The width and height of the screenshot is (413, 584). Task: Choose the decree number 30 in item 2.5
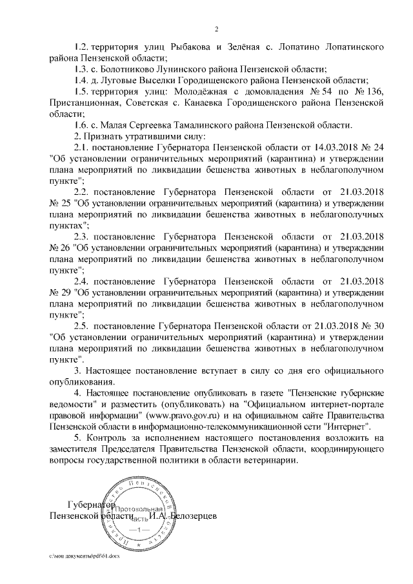379,325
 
